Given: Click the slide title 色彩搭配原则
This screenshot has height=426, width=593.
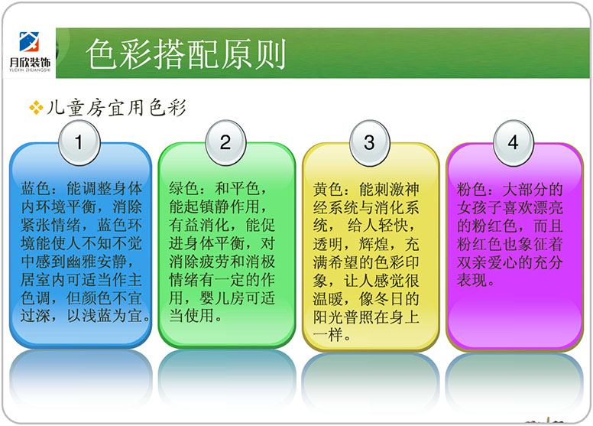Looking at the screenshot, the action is point(185,54).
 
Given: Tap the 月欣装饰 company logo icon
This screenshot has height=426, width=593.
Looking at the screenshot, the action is point(29,41).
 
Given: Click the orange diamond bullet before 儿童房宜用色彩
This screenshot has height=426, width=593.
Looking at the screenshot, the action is point(37,108).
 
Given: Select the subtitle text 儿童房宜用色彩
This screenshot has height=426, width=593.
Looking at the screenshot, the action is point(116,108).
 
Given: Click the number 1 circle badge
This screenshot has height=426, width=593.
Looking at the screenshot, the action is point(79,143).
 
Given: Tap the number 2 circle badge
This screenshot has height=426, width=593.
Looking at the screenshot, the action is point(225,143).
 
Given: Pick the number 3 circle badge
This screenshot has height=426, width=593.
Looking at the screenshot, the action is point(370,143).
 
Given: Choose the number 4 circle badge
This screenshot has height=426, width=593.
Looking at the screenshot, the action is point(514,143).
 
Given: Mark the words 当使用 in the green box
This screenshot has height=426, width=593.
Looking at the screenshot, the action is point(191,316).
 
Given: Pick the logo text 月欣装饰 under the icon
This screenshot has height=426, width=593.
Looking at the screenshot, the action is point(30,62).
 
